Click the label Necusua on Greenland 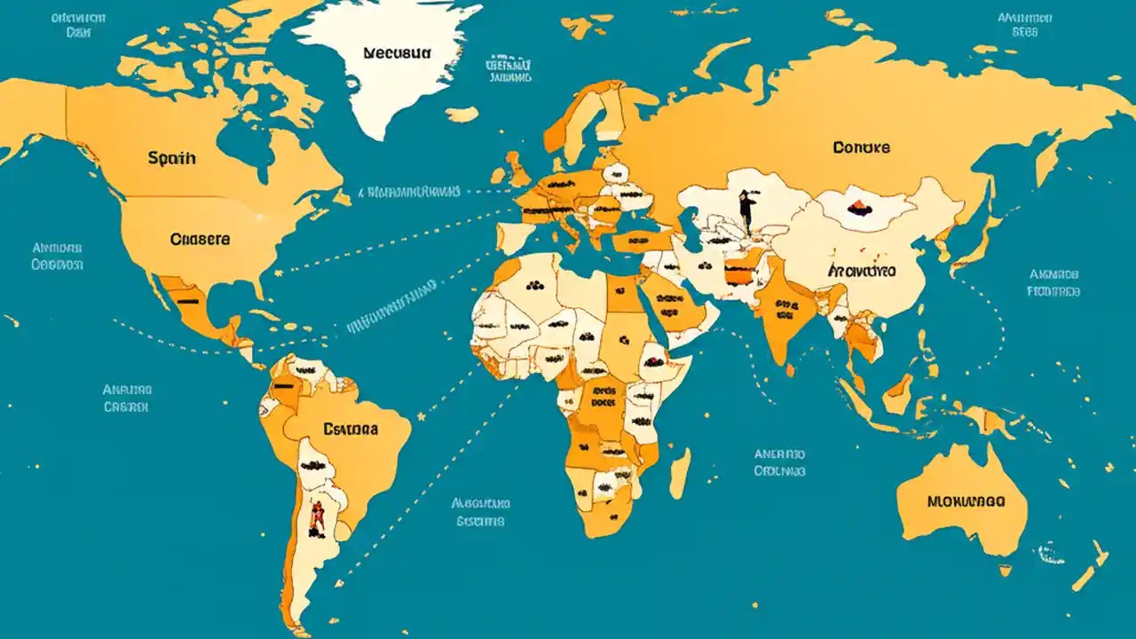(397, 52)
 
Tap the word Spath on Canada (172, 159)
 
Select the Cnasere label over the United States (200, 239)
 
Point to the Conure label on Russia (861, 147)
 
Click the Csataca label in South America (351, 430)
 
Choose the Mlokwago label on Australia (966, 501)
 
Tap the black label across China (861, 270)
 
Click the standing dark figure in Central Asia (747, 211)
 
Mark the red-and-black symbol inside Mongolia (859, 209)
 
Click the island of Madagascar (680, 472)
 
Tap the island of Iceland (461, 114)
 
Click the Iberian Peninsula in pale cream (515, 238)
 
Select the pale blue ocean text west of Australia (779, 462)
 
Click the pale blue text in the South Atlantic (480, 512)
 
